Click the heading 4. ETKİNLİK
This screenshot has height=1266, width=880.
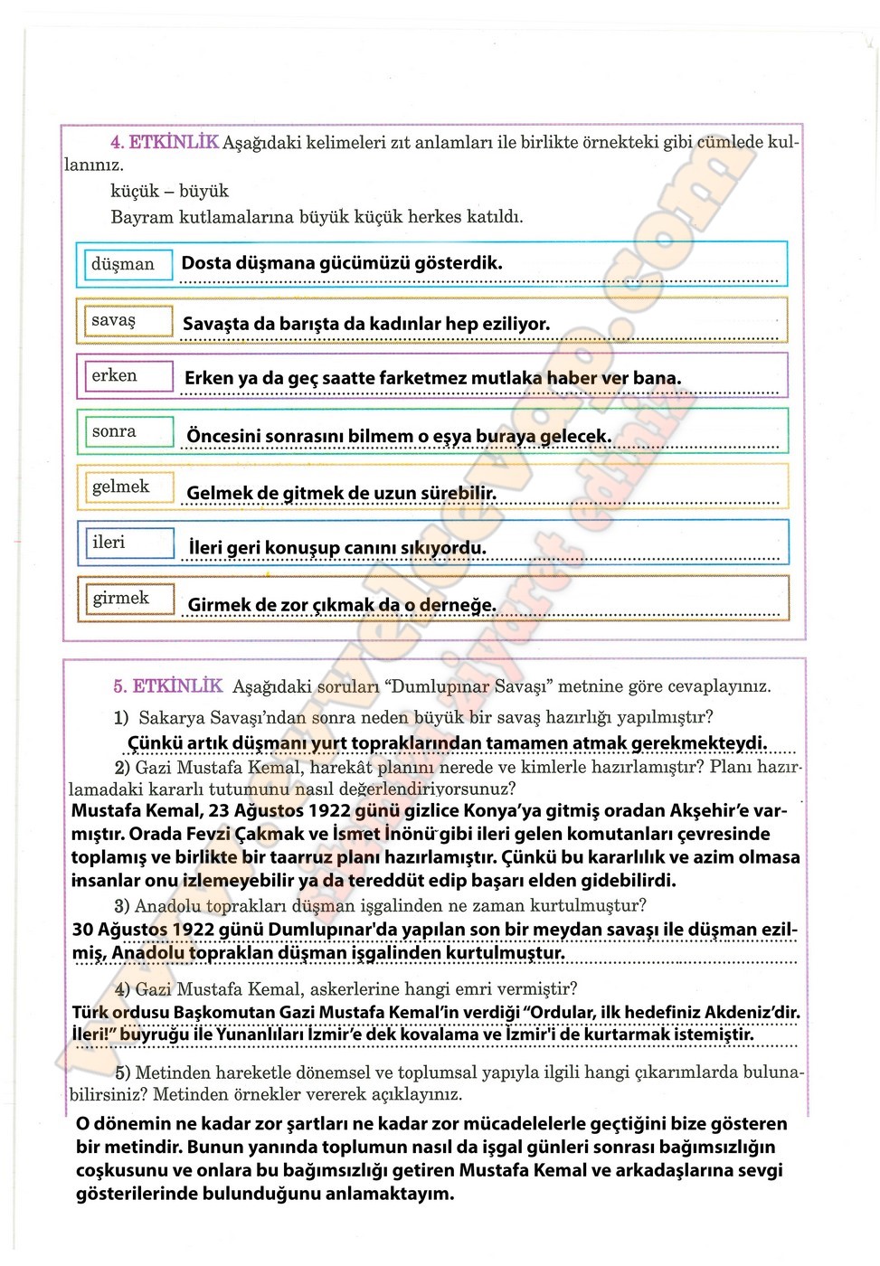pos(164,142)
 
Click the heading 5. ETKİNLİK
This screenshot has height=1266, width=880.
pos(167,686)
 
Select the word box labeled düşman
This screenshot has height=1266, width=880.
pos(124,264)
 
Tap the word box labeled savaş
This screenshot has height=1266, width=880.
pos(124,320)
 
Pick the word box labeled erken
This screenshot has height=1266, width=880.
pos(124,375)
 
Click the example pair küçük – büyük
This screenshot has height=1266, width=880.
pos(169,191)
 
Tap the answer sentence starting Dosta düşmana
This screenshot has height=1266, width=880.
pos(342,263)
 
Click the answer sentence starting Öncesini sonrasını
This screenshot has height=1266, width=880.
pos(399,436)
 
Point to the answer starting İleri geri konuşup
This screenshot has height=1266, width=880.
pos(336,548)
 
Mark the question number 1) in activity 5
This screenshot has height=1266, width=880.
pos(121,718)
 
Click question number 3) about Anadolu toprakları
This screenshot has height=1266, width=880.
pos(122,906)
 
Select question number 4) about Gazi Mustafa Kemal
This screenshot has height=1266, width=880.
pos(122,989)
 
